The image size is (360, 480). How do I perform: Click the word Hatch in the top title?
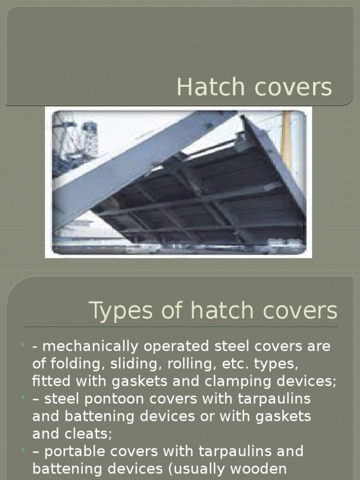click(205, 87)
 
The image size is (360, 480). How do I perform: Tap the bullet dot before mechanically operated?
click(23, 346)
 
